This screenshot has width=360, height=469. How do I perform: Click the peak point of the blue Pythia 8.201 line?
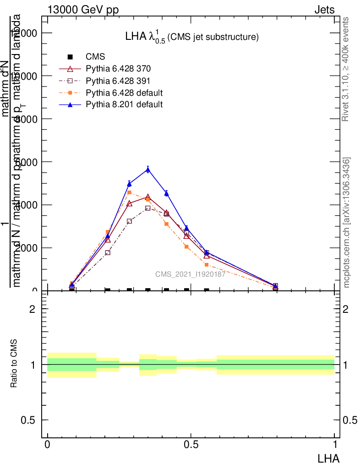click(x=147, y=169)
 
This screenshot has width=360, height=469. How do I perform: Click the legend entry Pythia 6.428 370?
click(x=118, y=69)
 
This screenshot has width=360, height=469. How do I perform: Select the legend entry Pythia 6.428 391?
click(x=118, y=81)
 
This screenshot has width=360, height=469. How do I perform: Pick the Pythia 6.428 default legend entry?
click(x=124, y=93)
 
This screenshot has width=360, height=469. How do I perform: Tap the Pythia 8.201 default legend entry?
click(x=124, y=104)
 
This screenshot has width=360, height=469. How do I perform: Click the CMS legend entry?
click(x=95, y=57)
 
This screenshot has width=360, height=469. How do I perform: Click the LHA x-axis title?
click(x=329, y=458)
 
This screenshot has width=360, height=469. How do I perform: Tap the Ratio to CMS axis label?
click(x=14, y=364)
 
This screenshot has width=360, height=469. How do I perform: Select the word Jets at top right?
click(x=324, y=10)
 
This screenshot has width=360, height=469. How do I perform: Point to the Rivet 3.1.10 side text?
click(x=346, y=69)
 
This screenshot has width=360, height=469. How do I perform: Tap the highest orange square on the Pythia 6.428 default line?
click(x=129, y=192)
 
